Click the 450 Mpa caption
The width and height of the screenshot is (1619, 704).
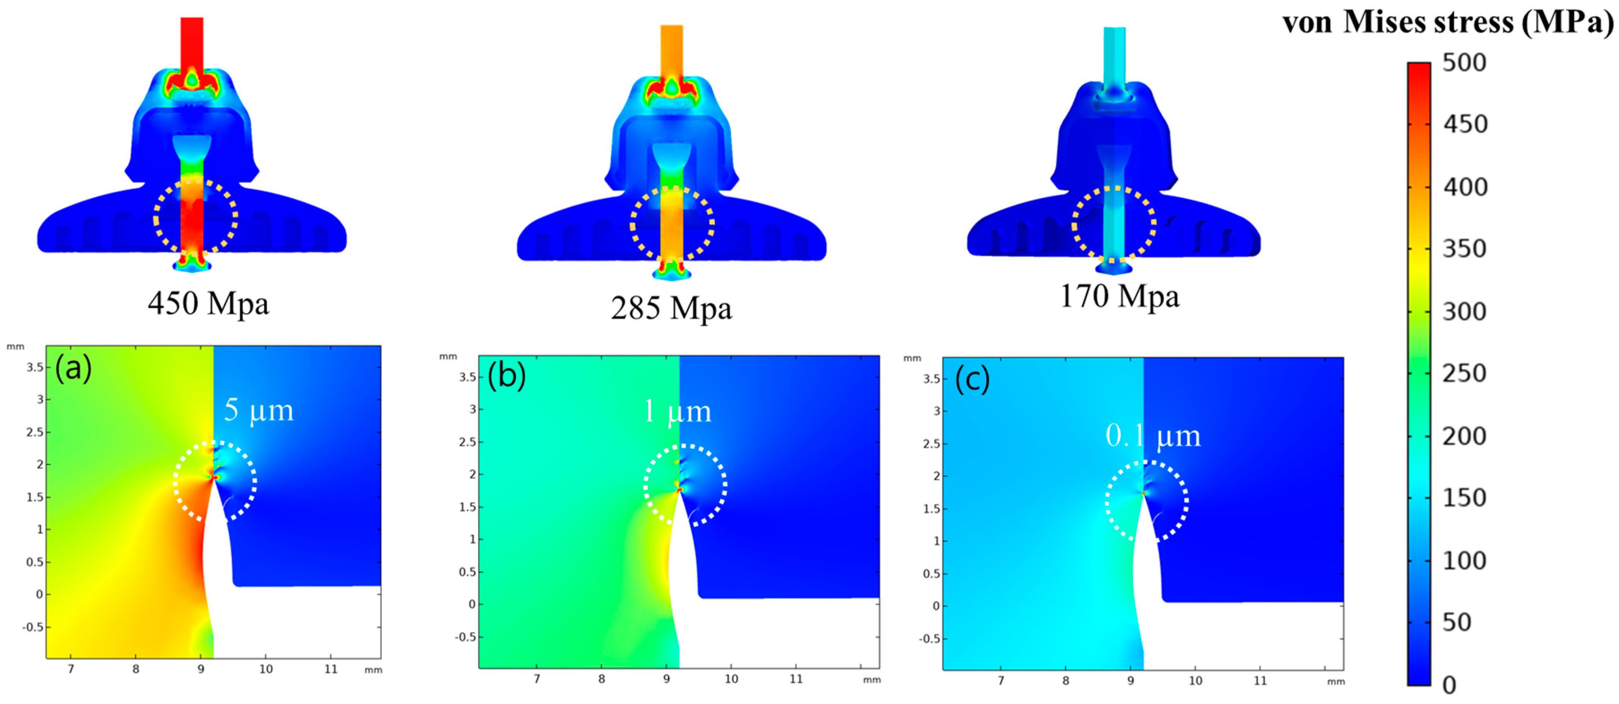tap(209, 304)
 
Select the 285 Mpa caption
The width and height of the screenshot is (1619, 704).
tap(671, 309)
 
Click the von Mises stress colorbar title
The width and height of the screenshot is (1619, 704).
tap(1448, 23)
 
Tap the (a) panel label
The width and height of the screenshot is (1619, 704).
tap(74, 369)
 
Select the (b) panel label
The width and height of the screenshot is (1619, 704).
tap(507, 376)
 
